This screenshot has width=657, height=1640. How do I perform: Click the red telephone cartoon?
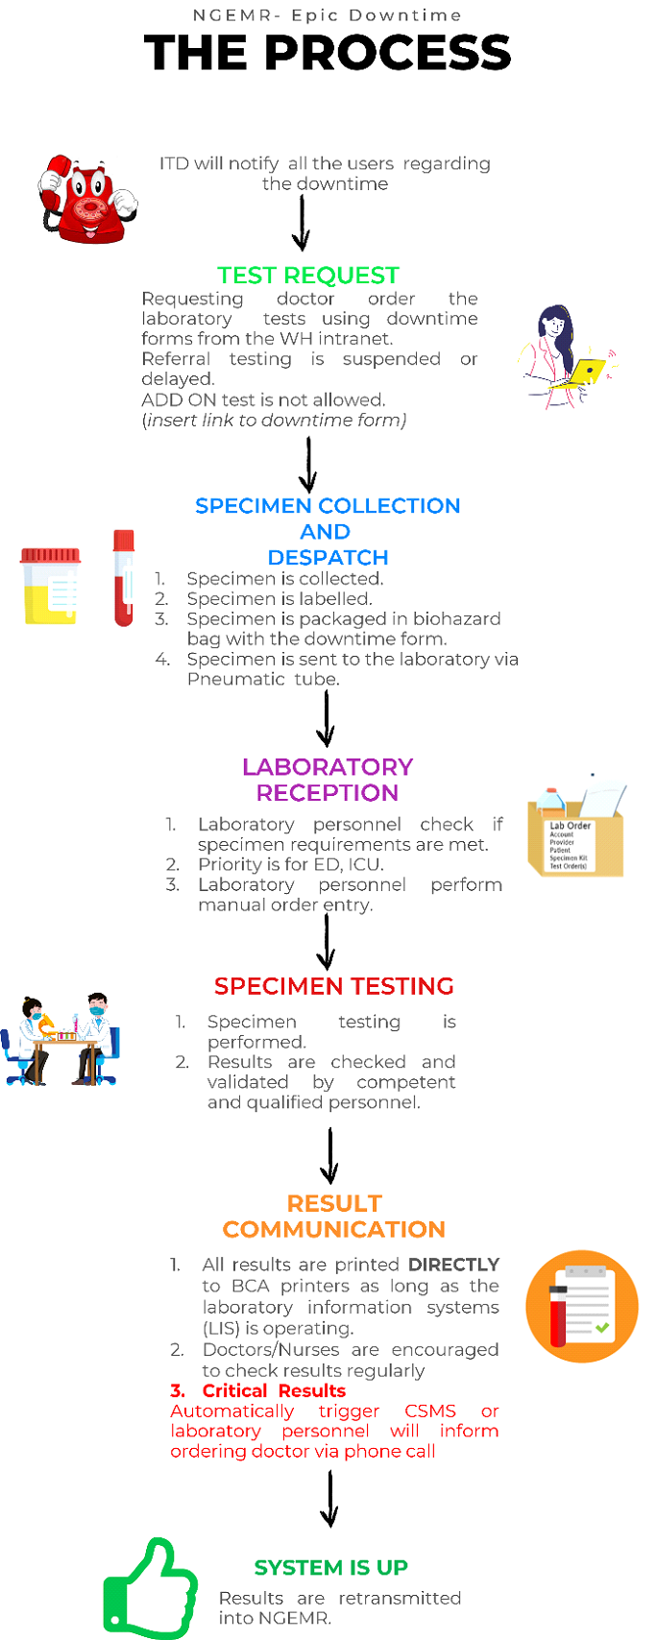(x=87, y=199)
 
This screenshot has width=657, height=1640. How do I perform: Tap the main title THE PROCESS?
(x=328, y=53)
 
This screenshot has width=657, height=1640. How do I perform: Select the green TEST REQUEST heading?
(x=307, y=276)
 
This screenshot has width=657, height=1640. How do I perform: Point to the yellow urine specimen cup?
(x=51, y=585)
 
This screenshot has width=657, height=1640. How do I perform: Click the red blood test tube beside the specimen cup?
(x=123, y=577)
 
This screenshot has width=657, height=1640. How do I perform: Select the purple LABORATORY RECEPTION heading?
(x=328, y=780)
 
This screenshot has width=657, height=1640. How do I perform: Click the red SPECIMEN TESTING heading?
(x=333, y=986)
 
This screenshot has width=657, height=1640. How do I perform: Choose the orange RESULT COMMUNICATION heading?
(x=334, y=1217)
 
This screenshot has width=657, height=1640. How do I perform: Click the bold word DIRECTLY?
(x=453, y=1265)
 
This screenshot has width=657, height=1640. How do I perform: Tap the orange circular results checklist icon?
(x=582, y=1306)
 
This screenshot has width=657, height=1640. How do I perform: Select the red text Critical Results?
(x=273, y=1390)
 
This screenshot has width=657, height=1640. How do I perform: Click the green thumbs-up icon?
(x=150, y=1588)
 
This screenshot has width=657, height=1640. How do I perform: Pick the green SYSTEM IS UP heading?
(x=330, y=1567)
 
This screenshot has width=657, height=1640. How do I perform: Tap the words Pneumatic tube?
(x=263, y=679)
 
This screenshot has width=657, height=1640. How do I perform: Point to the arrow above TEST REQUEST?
(x=302, y=223)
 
